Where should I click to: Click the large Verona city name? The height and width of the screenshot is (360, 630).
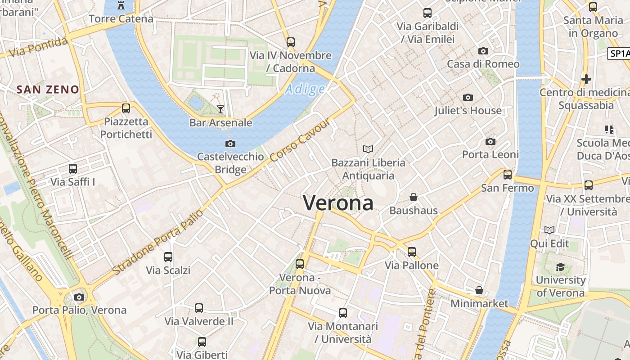point(338,203)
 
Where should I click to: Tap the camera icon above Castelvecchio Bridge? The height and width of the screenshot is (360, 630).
point(230,144)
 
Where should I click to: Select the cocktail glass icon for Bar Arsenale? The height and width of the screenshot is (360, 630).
point(220,109)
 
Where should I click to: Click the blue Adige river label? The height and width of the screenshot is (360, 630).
point(305,89)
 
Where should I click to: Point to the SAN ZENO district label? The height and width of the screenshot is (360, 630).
point(48,89)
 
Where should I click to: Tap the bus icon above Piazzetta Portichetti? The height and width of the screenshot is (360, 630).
point(126,108)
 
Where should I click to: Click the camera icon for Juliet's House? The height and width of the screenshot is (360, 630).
point(468,97)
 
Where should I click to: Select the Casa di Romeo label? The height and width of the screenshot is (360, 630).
point(483,64)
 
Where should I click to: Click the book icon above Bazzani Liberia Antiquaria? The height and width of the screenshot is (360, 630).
point(368,149)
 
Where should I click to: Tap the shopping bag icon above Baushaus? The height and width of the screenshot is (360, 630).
point(414,197)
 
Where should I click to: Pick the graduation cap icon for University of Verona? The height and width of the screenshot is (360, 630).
point(560,267)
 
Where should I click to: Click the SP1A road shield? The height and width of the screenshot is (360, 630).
point(618,54)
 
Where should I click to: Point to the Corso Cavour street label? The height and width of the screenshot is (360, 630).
point(300,141)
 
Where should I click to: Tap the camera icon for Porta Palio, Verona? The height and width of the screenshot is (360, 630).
point(79,297)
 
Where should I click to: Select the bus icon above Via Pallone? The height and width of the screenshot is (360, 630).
point(412,252)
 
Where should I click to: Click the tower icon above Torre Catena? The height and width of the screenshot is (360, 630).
point(121,5)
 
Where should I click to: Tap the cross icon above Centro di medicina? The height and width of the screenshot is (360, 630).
point(586,79)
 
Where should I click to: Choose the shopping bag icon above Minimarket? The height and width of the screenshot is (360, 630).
point(479,290)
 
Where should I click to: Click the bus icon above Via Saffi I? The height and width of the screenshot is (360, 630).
point(73,169)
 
